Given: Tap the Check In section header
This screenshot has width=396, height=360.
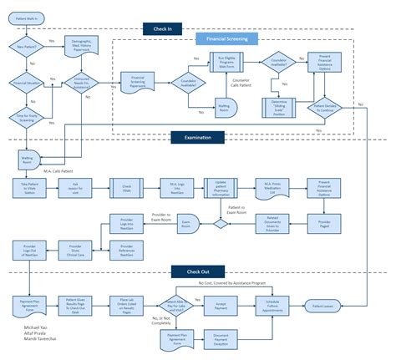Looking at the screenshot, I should (164, 29).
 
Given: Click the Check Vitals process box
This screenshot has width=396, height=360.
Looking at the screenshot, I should (128, 188).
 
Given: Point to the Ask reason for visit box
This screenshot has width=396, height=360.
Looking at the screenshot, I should (75, 188).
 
